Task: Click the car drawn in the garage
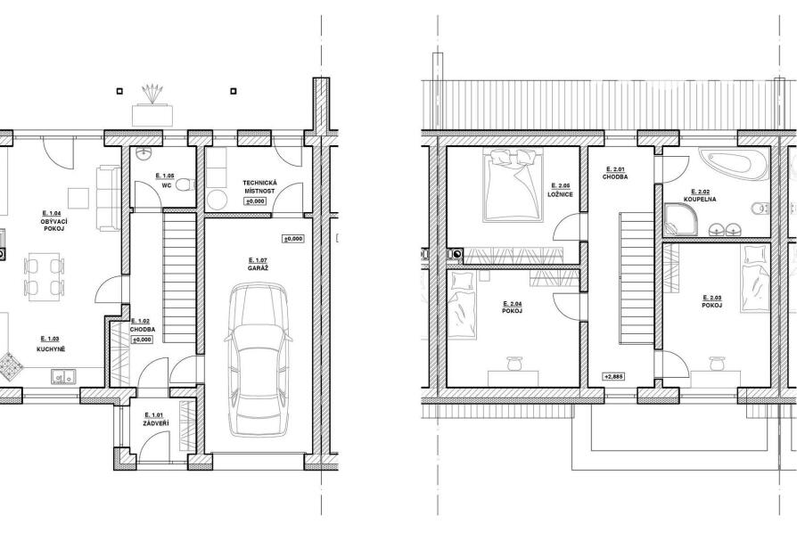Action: pyautogui.click(x=259, y=360)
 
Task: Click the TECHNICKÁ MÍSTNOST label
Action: pyautogui.click(x=259, y=186)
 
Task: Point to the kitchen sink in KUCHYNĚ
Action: pyautogui.click(x=63, y=377)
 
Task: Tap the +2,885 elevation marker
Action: pyautogui.click(x=613, y=377)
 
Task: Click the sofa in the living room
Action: pyautogui.click(x=107, y=197)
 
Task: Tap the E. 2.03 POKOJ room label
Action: pyautogui.click(x=711, y=301)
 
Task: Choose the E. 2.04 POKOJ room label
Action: pyautogui.click(x=512, y=307)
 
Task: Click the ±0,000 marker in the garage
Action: pyautogui.click(x=293, y=238)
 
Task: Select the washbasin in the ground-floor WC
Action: pyautogui.click(x=146, y=153)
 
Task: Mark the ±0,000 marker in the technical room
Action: pyautogui.click(x=255, y=201)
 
